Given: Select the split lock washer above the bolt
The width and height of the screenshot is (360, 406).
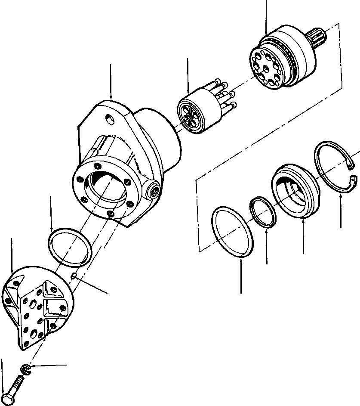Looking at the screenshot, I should pyautogui.click(x=25, y=369).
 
